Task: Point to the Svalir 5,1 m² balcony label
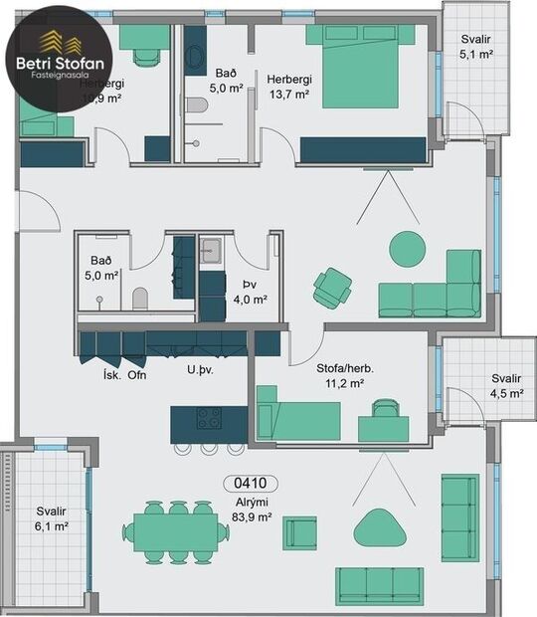coord(475,48)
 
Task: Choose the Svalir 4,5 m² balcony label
coord(506,385)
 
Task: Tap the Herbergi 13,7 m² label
coord(288,86)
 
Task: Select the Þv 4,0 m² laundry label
coord(242,291)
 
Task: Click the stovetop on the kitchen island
coord(209,418)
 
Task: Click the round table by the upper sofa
coord(407,249)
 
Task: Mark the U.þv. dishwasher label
coord(202,370)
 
